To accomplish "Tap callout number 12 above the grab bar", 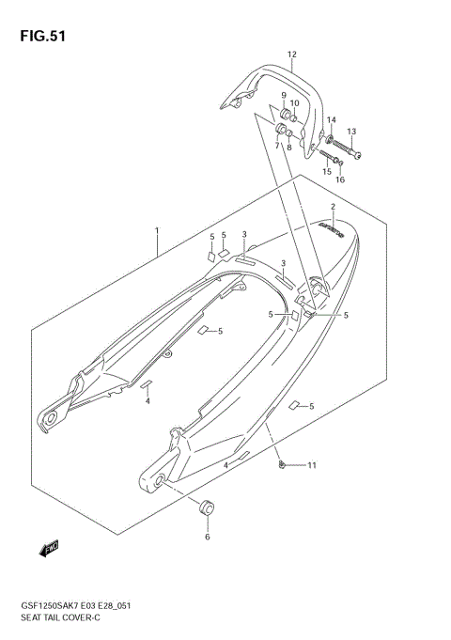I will (292, 55).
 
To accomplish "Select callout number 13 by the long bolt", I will (351, 132).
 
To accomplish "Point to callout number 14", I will (331, 120).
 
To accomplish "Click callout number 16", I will (340, 180).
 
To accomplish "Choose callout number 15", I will (327, 171).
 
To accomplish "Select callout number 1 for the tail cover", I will (157, 229).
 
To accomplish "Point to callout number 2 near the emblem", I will (332, 206).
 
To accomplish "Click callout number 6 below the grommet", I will (208, 538).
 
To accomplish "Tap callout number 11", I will (312, 465).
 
